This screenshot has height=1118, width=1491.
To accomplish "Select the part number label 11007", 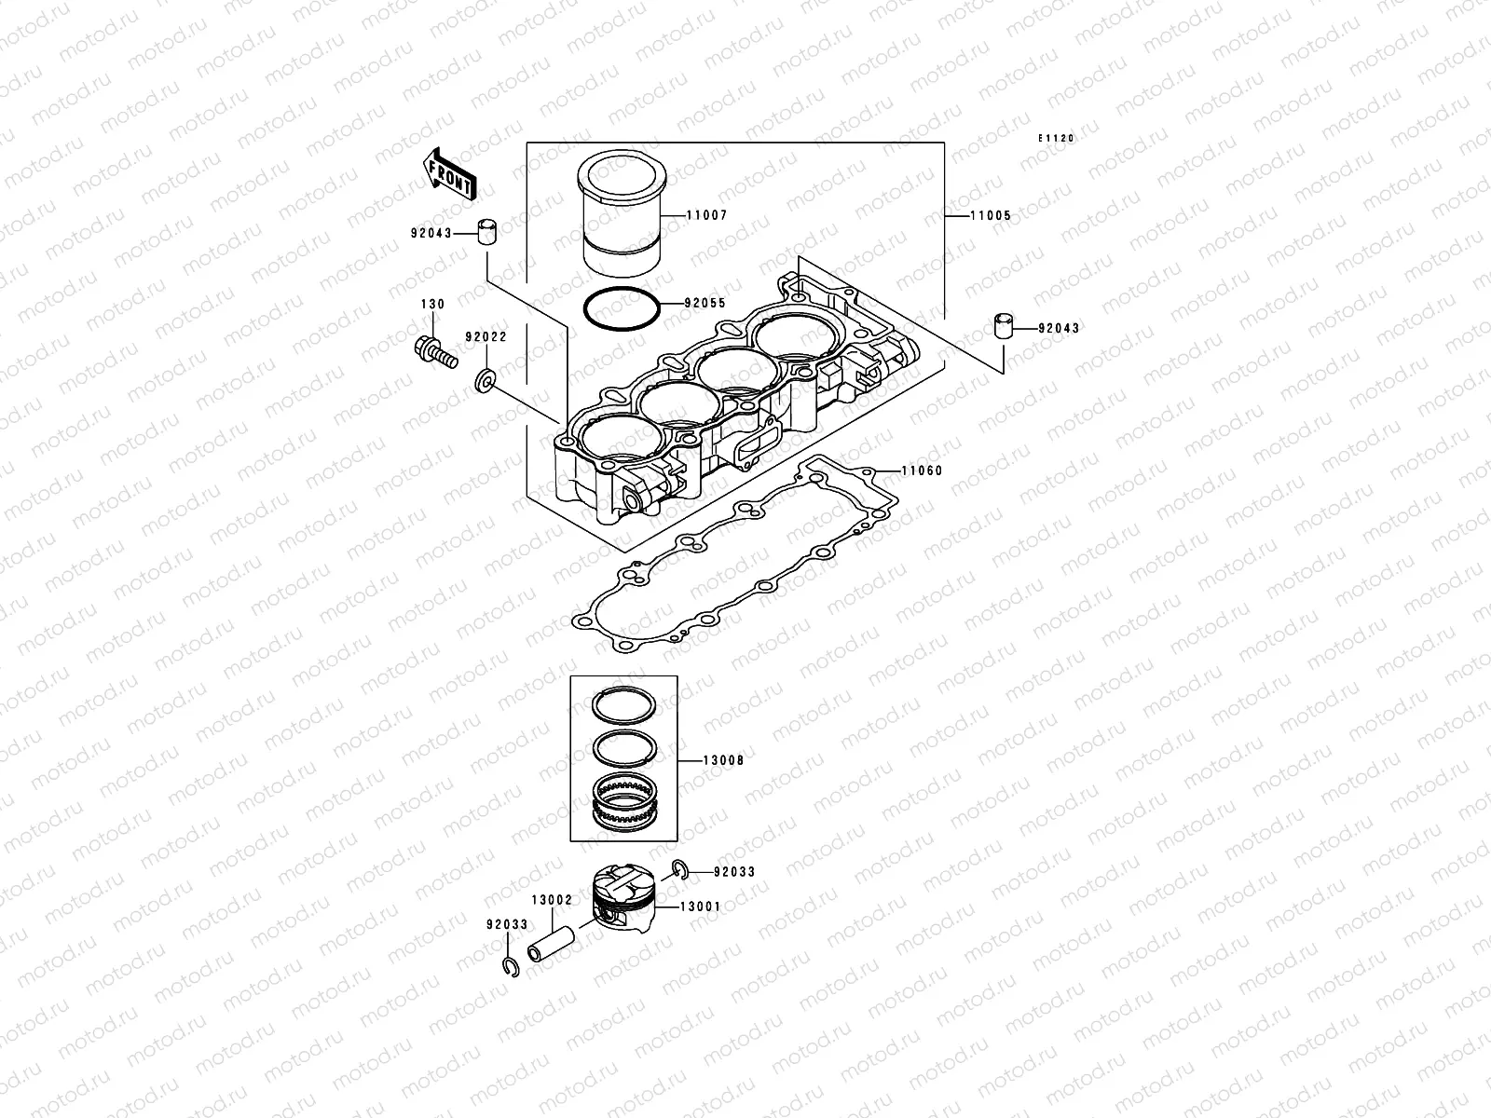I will click(706, 215).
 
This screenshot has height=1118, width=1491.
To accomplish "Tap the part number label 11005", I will click(990, 215).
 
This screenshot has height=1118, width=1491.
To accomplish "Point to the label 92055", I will click(704, 303).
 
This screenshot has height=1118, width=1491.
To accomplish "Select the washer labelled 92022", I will click(485, 380).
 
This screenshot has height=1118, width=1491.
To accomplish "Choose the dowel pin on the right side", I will click(1002, 328).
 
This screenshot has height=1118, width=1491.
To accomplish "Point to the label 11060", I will click(922, 470).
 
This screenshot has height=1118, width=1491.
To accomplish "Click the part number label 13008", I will click(723, 760).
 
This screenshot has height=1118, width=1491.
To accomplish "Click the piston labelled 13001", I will click(625, 902).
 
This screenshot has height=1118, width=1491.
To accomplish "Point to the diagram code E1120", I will click(1058, 138).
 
